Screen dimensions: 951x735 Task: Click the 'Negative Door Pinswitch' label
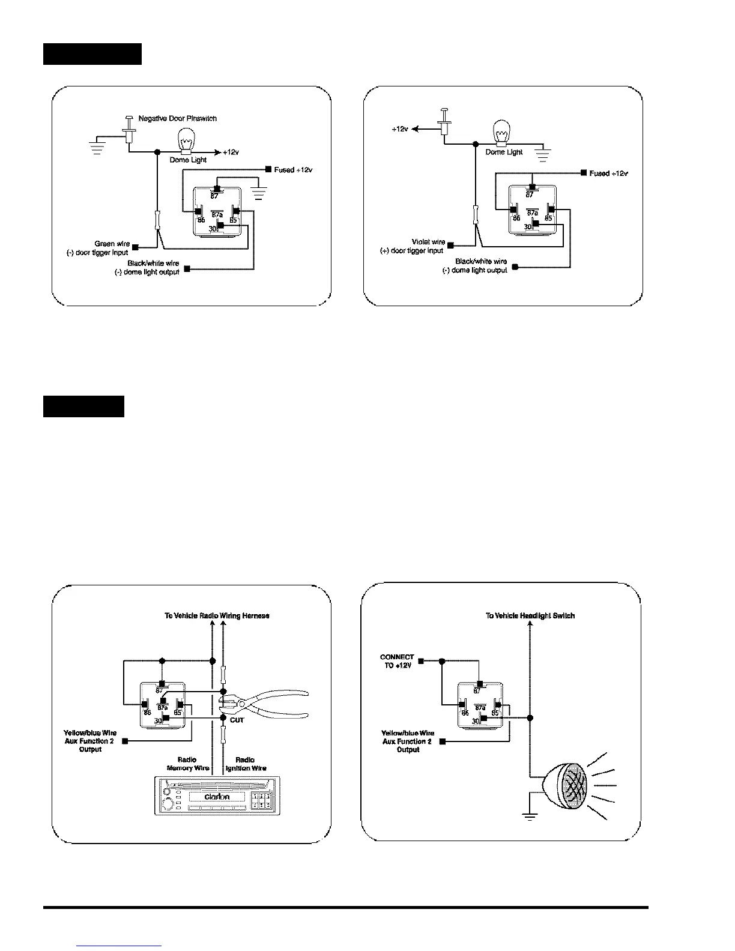click(x=177, y=118)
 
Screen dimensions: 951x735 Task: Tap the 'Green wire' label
click(x=112, y=244)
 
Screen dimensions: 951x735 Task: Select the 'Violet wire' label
click(x=429, y=242)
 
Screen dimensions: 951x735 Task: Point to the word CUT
click(x=237, y=720)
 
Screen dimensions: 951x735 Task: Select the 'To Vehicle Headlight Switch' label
click(x=530, y=615)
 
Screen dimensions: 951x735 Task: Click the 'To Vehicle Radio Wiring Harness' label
click(x=217, y=615)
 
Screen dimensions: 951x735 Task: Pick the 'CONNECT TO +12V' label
click(x=396, y=661)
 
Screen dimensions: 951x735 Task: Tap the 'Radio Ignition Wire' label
click(x=246, y=764)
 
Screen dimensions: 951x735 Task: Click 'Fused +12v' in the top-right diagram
click(x=608, y=173)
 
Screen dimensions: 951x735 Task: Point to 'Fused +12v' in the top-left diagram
click(x=293, y=170)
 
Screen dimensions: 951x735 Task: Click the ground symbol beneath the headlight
click(x=529, y=816)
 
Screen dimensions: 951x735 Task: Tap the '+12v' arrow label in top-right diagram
click(x=400, y=129)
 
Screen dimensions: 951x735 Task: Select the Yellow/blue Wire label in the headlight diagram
click(x=407, y=741)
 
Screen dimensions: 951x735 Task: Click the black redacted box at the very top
click(x=92, y=53)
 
